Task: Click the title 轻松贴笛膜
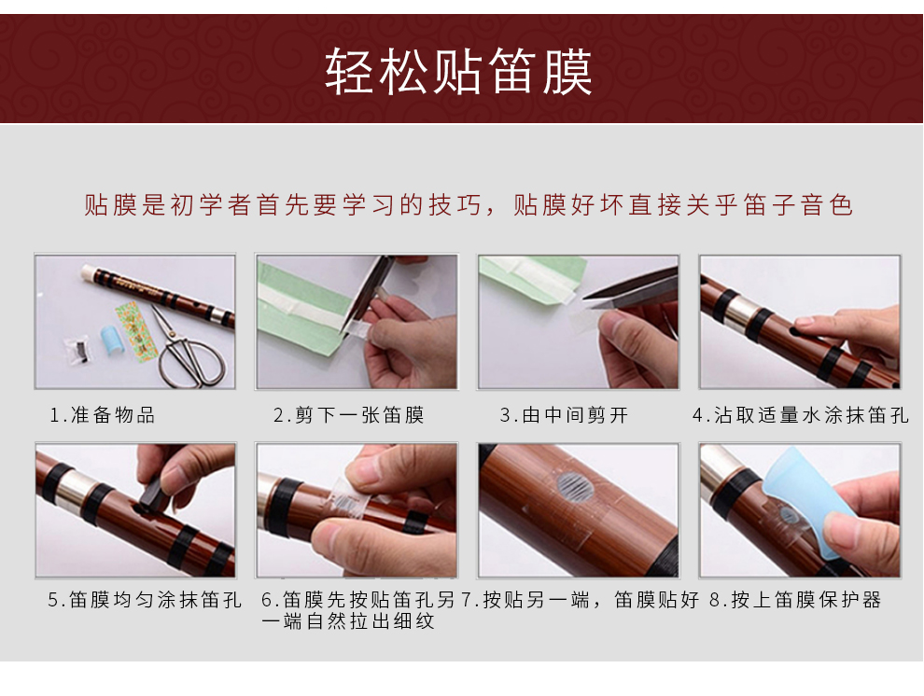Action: pos(458,72)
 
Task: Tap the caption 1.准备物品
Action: pos(103,415)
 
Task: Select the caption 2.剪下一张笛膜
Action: pos(349,415)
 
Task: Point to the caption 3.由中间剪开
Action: pos(564,415)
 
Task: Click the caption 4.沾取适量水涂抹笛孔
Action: pos(801,415)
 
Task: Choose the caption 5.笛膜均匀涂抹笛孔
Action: pos(145,599)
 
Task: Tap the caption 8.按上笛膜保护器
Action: pos(795,599)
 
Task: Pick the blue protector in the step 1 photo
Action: pos(110,341)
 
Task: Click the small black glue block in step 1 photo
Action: pos(79,349)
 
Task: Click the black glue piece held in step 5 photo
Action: pos(153,494)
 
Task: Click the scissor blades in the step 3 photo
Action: pos(631,293)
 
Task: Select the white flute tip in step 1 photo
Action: pos(88,272)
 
